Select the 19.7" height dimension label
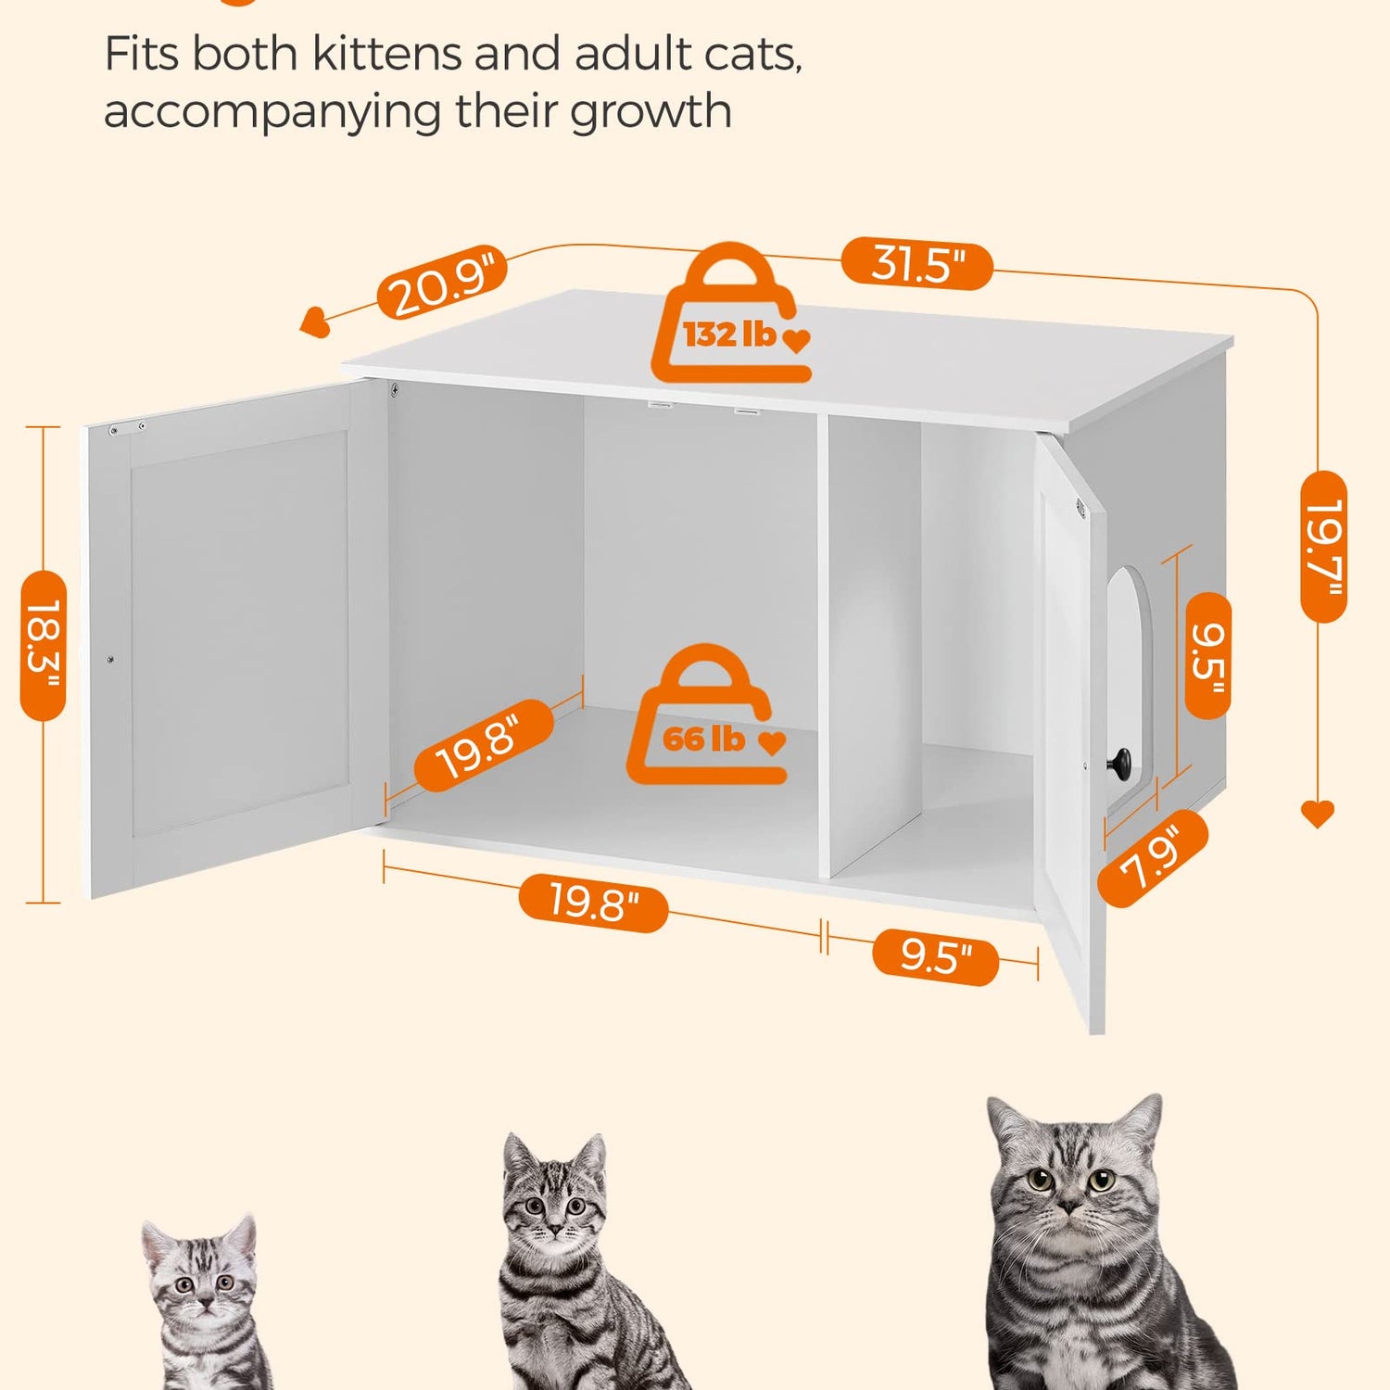tap(1323, 547)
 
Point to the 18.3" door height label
tap(44, 646)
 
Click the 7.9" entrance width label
tap(1154, 858)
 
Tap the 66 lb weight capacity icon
tap(708, 714)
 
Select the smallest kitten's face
tap(200, 1278)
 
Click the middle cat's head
tap(553, 1196)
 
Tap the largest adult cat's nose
tap(1069, 1205)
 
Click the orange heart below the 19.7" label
tap(1318, 814)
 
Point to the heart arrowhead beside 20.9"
tap(315, 322)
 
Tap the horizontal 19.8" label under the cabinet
tap(594, 902)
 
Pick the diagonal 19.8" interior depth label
tap(483, 745)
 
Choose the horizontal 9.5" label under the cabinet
tap(936, 956)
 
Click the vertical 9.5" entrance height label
tap(1208, 656)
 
